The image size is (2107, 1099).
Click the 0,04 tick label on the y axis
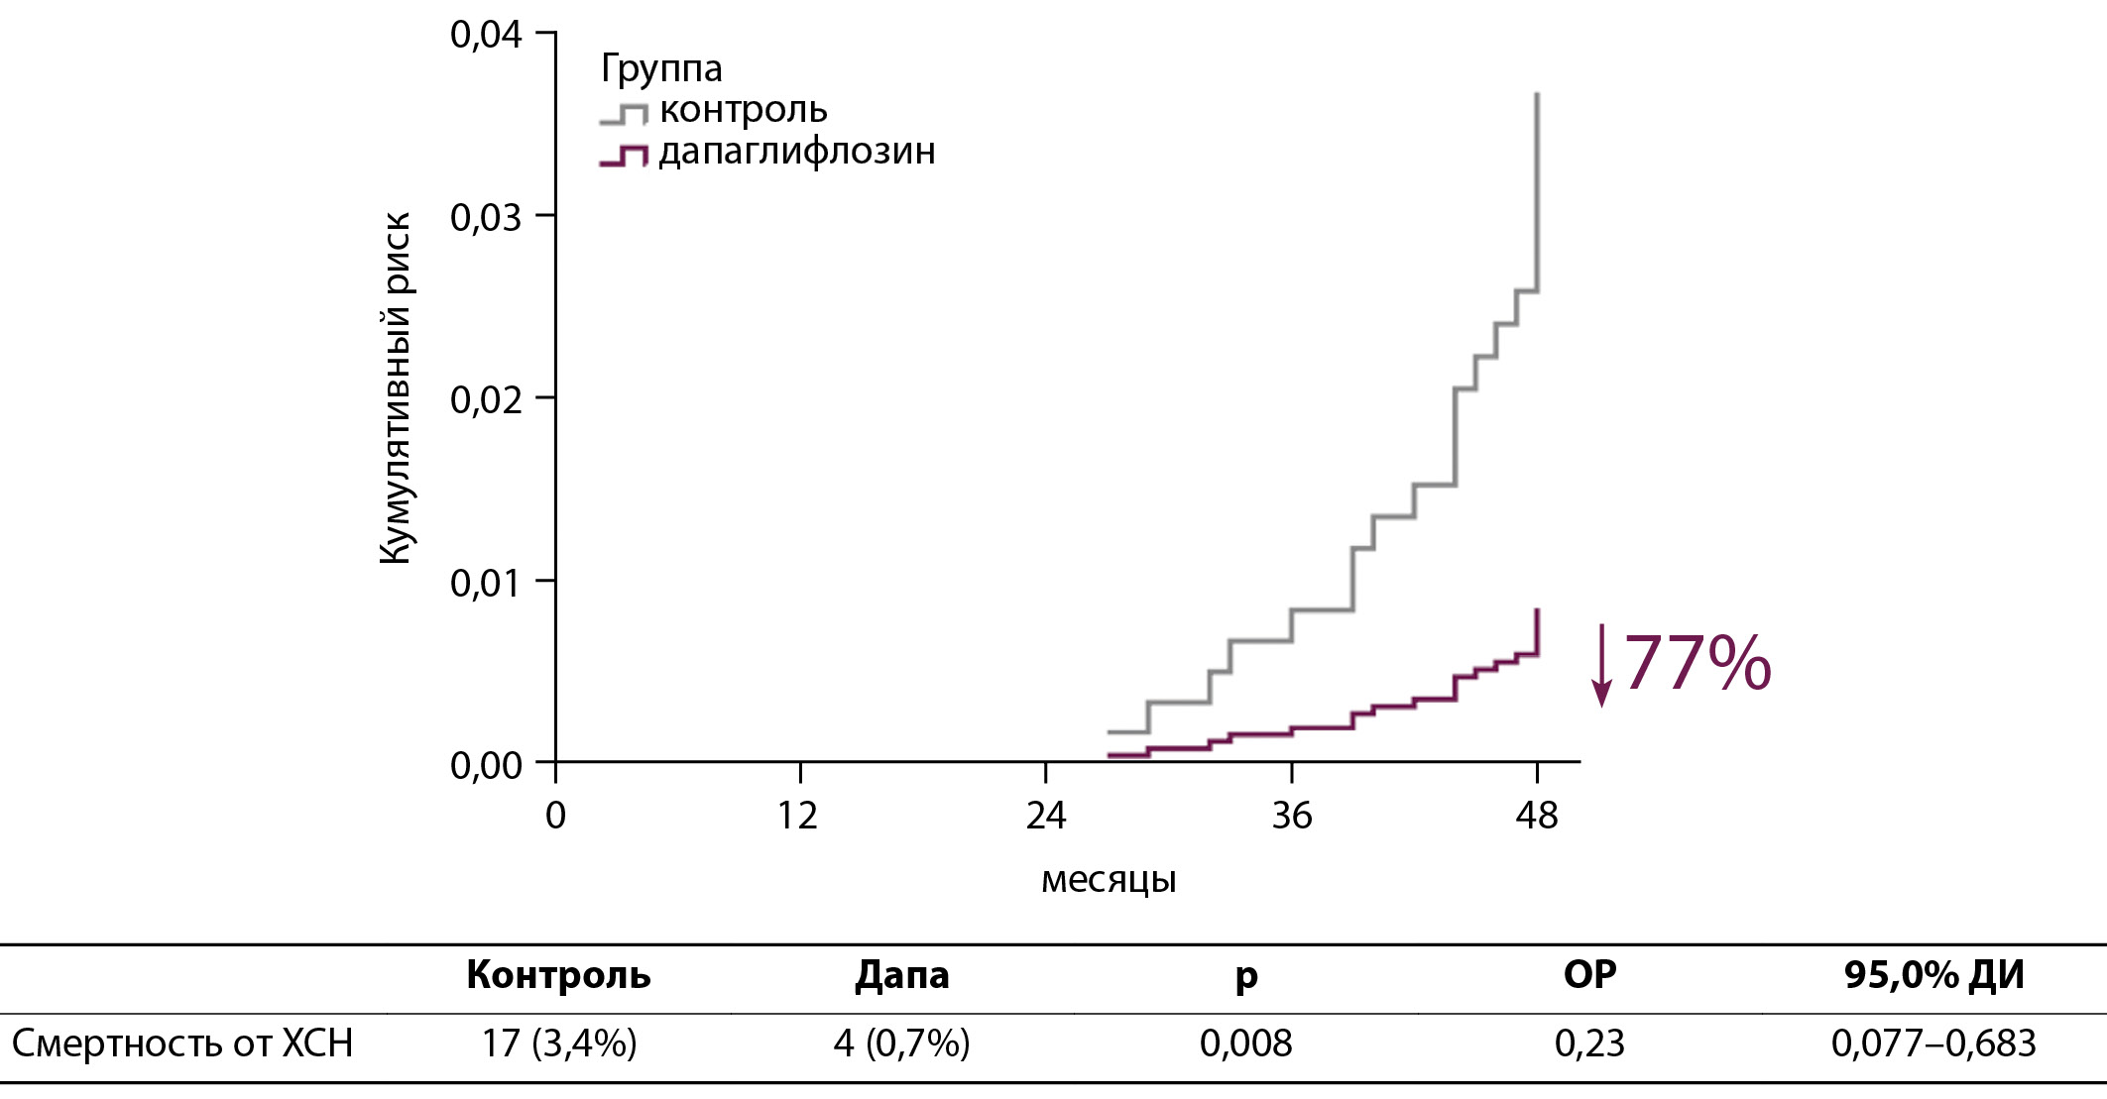point(486,36)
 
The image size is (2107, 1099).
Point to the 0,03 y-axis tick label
point(486,218)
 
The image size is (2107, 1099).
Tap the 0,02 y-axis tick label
point(486,400)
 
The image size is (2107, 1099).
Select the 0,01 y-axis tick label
point(486,583)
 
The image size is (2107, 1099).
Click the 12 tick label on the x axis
point(798,816)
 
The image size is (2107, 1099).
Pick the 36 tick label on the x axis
point(1291,816)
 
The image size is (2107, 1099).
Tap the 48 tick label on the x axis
point(1537,816)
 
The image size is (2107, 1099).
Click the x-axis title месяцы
point(1109,880)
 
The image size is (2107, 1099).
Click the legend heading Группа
point(661,68)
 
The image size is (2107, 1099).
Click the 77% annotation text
point(1697,663)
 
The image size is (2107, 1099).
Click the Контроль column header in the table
point(558,976)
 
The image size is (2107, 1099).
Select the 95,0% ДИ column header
point(1933,976)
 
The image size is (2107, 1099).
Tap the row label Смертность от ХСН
point(182,1044)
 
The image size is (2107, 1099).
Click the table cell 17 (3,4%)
point(559,1044)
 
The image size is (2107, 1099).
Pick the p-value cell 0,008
point(1245,1044)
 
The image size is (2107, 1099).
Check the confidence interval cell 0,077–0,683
point(1933,1044)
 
